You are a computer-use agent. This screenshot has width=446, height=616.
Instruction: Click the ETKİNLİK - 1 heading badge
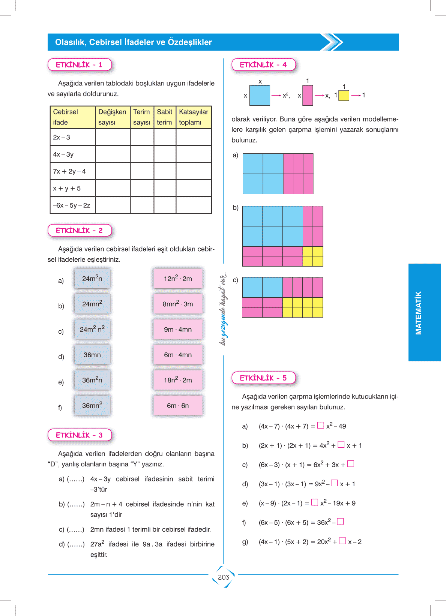click(80, 65)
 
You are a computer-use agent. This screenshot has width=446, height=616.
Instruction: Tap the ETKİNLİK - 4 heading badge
click(263, 65)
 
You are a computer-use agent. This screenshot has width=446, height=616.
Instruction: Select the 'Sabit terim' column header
click(164, 117)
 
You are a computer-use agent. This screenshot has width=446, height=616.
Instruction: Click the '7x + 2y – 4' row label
click(70, 171)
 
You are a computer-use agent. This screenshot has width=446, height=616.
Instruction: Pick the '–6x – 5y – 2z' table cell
click(72, 205)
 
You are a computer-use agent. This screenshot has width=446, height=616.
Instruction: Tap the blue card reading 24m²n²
click(92, 329)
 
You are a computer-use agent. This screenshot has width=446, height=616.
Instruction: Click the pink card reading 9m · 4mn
click(178, 329)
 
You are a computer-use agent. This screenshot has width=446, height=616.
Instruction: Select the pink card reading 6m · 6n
click(178, 406)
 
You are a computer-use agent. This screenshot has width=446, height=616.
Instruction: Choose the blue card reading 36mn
click(92, 355)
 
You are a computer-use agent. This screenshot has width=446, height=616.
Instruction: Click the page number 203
click(224, 577)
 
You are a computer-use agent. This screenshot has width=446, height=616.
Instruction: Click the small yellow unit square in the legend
click(344, 95)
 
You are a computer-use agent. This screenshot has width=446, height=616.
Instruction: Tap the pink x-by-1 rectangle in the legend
click(308, 95)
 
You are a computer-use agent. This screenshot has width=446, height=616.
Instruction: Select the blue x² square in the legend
click(260, 95)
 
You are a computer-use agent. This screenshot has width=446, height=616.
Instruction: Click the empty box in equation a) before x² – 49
click(321, 425)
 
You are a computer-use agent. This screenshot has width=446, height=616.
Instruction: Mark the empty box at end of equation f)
click(340, 521)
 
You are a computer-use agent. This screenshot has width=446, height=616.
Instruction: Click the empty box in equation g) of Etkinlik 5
click(342, 541)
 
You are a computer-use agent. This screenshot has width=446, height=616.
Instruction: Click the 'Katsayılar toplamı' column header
click(194, 117)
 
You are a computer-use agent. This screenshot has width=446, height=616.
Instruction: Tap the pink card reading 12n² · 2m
click(178, 279)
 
